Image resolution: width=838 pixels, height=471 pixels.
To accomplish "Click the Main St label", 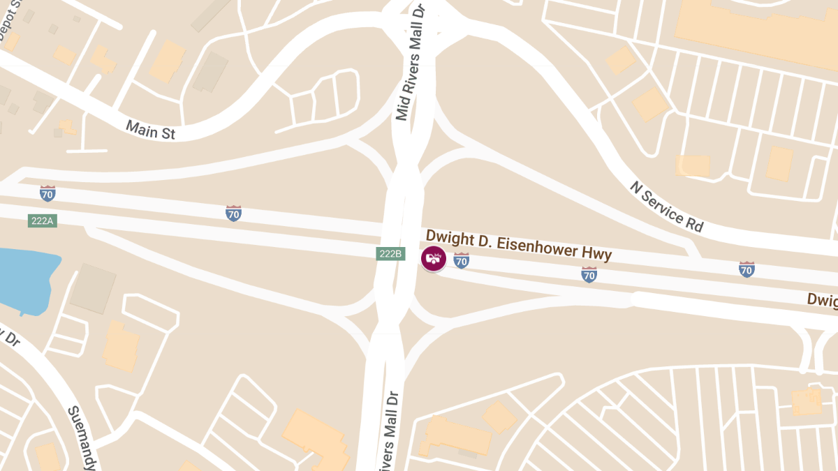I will click(150, 130).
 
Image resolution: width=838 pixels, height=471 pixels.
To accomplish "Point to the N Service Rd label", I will click(666, 207).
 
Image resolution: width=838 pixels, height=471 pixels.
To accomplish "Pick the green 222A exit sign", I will click(42, 221).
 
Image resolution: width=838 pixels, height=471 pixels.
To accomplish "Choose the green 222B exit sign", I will click(390, 253).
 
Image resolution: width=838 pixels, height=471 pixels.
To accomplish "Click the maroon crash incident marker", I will click(434, 259).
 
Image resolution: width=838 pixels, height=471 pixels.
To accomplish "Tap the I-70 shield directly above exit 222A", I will click(47, 193).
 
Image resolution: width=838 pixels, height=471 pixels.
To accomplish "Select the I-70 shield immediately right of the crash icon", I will click(461, 260).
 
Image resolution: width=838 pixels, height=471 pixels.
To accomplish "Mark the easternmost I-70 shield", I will click(747, 269).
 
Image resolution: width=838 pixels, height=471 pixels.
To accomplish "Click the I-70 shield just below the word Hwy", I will click(589, 274).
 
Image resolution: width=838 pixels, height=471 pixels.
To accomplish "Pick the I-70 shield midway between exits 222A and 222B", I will click(234, 213).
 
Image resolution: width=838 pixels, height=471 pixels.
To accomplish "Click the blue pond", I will click(24, 276).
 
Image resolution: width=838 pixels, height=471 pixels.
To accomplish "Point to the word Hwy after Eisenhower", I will click(597, 254).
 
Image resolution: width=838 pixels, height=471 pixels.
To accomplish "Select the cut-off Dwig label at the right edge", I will click(822, 300).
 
